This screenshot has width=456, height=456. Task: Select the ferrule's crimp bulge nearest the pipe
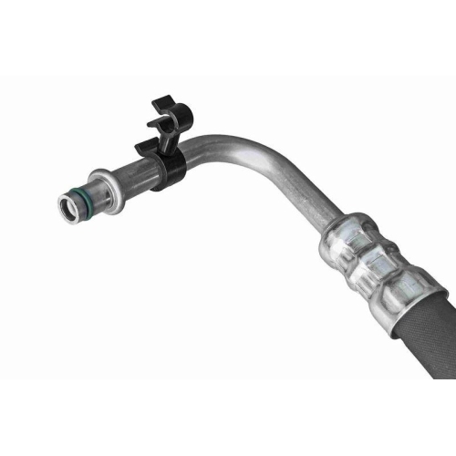pyautogui.click(x=344, y=235)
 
